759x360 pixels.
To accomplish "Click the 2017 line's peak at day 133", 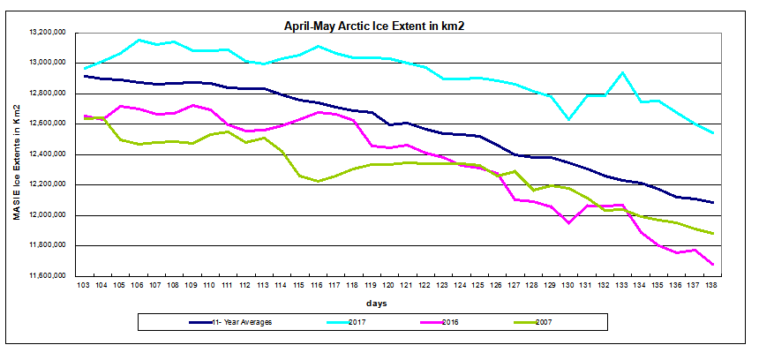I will (x=622, y=72).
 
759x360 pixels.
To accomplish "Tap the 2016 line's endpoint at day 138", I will (x=712, y=265).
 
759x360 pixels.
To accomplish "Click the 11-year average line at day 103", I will (x=85, y=76).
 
